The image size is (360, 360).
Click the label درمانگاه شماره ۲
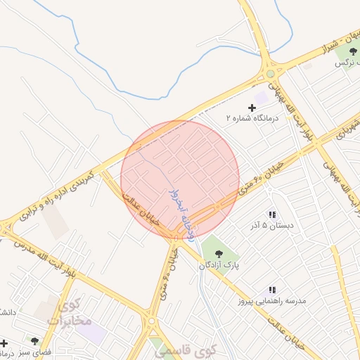(252, 119)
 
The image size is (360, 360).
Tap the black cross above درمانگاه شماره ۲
(252, 108)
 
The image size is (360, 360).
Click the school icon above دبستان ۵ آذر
(272, 214)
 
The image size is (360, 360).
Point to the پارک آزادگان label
(219, 265)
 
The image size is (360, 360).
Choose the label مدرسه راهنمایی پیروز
(272, 301)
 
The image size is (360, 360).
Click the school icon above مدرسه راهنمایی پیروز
(272, 289)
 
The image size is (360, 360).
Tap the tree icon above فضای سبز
(34, 340)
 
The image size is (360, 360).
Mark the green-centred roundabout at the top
(270, 73)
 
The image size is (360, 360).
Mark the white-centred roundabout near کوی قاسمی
(152, 322)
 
